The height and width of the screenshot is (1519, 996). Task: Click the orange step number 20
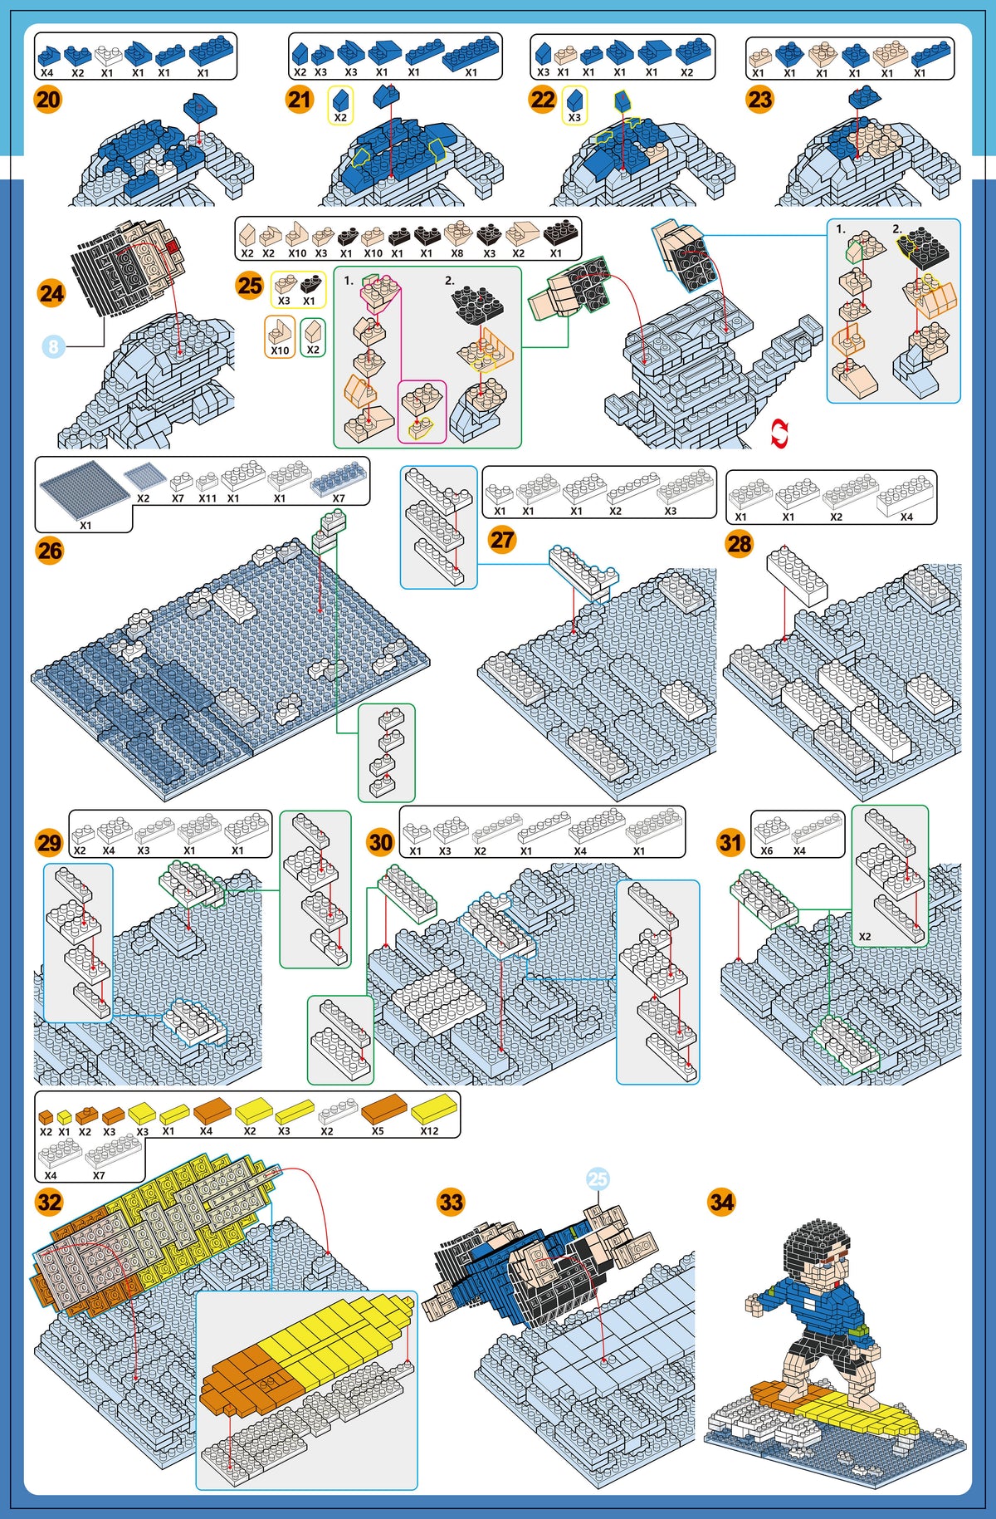[x=48, y=100]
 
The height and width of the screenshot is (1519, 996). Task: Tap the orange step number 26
[x=50, y=551]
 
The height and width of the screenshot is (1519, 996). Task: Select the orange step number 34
[x=722, y=1202]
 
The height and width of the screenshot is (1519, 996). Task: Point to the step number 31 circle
[x=730, y=843]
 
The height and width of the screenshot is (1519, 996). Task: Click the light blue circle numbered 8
[x=53, y=346]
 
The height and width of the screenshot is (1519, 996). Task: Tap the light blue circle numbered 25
[x=598, y=1178]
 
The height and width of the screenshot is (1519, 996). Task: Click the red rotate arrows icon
[x=779, y=434]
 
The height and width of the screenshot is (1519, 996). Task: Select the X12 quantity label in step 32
[x=429, y=1131]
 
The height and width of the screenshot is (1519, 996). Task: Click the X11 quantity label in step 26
[x=207, y=498]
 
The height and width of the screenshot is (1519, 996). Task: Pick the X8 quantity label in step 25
[x=457, y=253]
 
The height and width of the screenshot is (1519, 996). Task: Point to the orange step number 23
[x=759, y=100]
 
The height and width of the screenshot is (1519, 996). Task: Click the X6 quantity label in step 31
[x=767, y=850]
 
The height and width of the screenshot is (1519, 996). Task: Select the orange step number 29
[x=49, y=843]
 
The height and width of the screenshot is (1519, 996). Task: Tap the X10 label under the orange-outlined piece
[x=281, y=350]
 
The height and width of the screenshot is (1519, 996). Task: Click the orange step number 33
[x=451, y=1202]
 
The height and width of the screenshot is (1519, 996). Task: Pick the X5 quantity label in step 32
[x=378, y=1131]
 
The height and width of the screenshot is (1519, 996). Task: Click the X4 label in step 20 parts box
[x=47, y=73]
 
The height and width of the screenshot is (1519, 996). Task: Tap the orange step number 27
[x=502, y=540]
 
